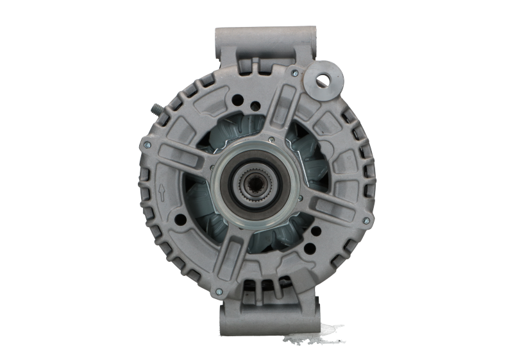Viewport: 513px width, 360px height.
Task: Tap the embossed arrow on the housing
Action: [x=162, y=190]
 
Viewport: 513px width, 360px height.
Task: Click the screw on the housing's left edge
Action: [x=147, y=145]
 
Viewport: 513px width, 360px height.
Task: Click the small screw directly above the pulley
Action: [x=271, y=139]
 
